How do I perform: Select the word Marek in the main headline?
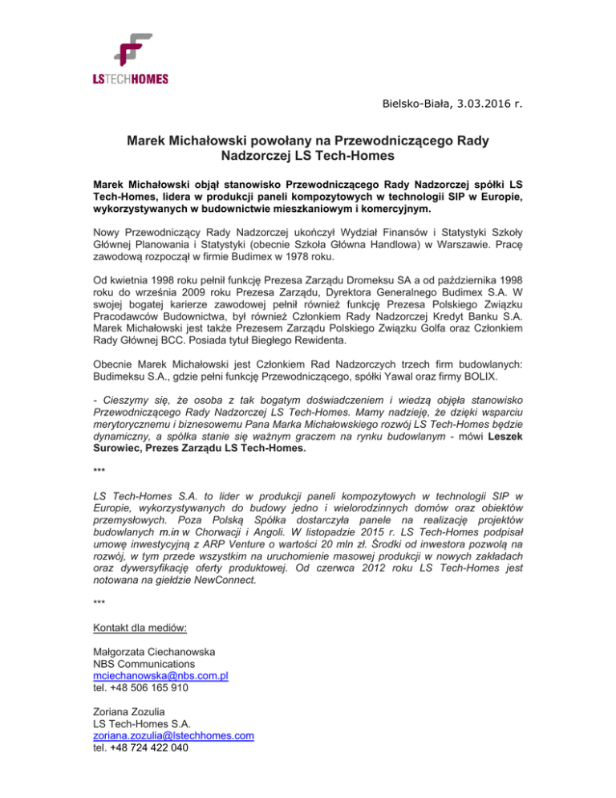151,142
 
